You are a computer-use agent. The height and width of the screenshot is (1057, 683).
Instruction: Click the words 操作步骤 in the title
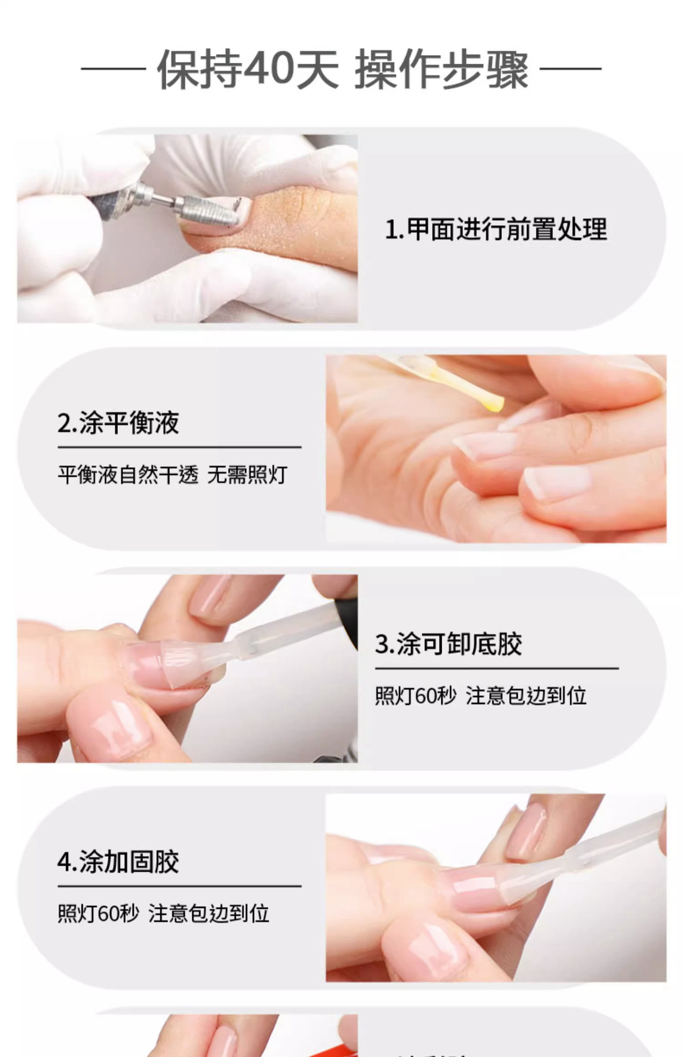[x=441, y=70]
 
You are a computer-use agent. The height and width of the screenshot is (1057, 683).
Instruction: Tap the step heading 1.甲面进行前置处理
[x=496, y=229]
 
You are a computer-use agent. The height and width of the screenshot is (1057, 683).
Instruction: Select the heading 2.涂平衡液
[x=118, y=423]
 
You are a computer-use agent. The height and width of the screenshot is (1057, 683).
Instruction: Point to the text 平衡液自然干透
[x=128, y=475]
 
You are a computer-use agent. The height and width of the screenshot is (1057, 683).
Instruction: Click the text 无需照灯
[x=247, y=475]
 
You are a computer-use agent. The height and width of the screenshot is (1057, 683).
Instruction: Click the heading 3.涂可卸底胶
[x=448, y=644]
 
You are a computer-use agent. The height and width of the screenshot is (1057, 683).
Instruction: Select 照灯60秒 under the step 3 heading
[x=416, y=696]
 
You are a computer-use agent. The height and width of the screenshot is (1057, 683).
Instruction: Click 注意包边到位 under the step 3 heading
[x=526, y=696]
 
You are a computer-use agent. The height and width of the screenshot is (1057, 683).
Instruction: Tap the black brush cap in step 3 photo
[x=347, y=611]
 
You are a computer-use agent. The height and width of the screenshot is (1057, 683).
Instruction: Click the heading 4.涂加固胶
[x=118, y=862]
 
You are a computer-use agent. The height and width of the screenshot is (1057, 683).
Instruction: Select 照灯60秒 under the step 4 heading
[x=99, y=914]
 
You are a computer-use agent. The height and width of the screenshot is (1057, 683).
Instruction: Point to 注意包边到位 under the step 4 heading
[x=209, y=914]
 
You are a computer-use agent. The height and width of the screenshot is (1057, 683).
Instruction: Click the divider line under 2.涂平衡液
[x=179, y=447]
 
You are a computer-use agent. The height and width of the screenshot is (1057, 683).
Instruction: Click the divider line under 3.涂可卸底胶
[x=497, y=668]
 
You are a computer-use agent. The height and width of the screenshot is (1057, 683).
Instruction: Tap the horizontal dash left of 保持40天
[x=113, y=69]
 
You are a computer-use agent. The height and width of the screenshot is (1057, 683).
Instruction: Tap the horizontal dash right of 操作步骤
[x=570, y=69]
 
